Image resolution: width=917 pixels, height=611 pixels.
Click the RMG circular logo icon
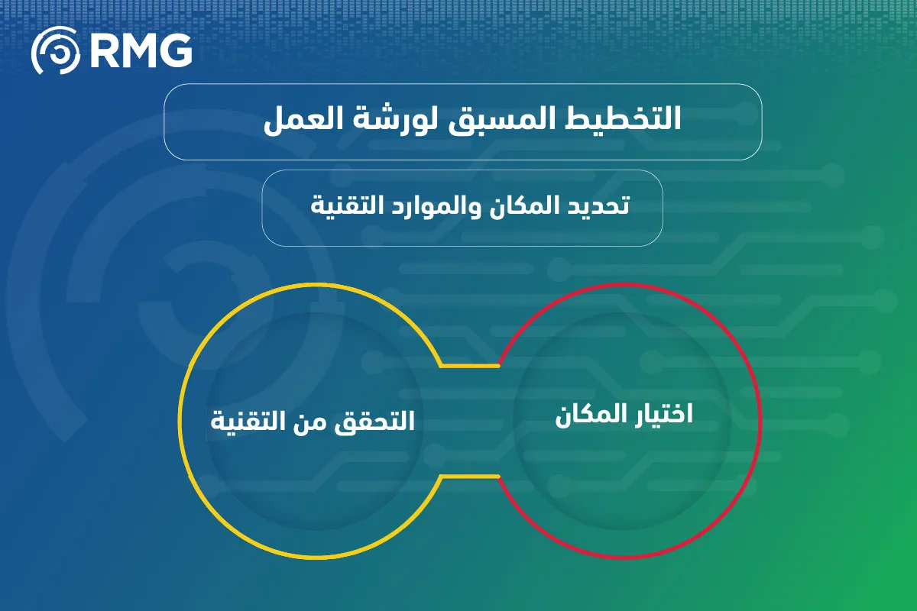pos(56,50)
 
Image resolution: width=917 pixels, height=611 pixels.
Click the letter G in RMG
pos(175,50)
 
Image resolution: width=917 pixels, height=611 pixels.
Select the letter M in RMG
pos(138,50)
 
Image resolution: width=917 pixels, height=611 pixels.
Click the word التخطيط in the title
pos(623,118)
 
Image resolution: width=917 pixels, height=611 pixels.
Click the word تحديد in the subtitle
pos(598,205)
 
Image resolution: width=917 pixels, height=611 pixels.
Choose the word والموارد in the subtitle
pos(433,206)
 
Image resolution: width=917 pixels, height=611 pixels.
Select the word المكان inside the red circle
pos(589,415)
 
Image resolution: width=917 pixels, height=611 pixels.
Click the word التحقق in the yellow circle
pos(374,421)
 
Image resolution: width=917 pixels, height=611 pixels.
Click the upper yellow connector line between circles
pos(469,365)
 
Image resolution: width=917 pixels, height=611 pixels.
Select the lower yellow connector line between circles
pos(469,477)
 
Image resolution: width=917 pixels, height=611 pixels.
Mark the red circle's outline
pos(760,421)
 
